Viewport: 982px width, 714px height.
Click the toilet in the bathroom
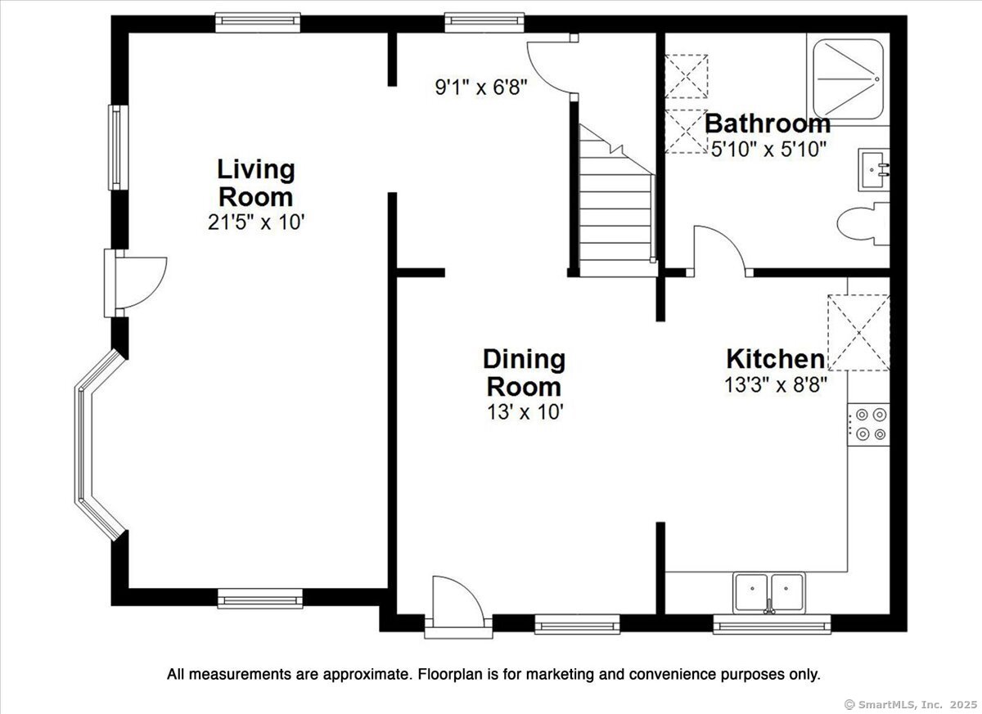point(863,224)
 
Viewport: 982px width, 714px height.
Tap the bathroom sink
point(874,169)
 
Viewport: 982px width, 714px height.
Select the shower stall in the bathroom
point(848,79)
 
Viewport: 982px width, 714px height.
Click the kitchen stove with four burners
point(868,424)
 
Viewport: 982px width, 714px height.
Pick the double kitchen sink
point(769,593)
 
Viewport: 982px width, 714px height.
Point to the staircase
point(617,200)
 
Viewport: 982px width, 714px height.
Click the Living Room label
point(256,183)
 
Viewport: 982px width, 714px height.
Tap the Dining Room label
point(524,373)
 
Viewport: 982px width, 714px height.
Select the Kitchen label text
point(776,359)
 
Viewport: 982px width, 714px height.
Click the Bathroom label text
point(768,124)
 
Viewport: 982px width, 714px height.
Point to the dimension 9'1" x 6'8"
point(480,88)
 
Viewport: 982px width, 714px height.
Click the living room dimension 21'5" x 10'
point(256,222)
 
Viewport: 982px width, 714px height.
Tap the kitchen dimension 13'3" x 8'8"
point(776,385)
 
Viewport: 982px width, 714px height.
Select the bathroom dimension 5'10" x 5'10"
point(768,150)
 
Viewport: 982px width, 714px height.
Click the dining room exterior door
point(458,607)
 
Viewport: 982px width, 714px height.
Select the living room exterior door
point(135,283)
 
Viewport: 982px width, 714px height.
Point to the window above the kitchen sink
point(772,624)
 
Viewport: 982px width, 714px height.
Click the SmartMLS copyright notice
point(911,705)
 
